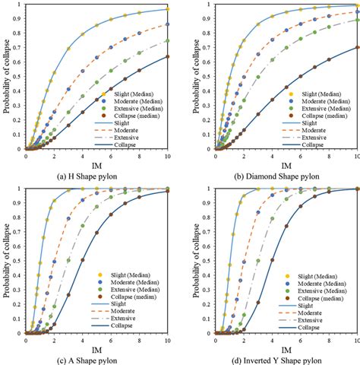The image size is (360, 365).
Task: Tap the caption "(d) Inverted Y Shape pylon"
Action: point(275,359)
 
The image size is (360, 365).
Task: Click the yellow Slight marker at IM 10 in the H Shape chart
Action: point(168,9)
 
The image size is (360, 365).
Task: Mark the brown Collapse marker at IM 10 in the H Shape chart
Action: point(168,56)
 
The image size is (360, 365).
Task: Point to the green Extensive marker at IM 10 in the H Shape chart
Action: point(168,41)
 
